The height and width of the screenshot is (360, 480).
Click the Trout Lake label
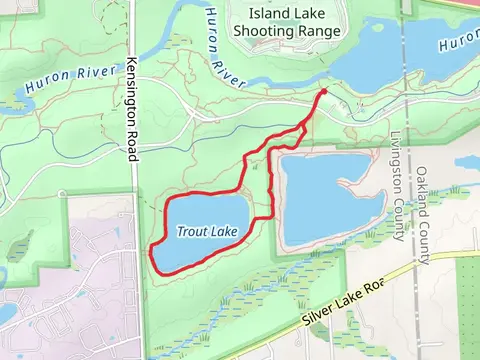(207, 231)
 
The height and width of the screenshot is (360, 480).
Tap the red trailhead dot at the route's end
(323, 93)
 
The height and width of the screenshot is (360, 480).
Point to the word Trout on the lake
(194, 231)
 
